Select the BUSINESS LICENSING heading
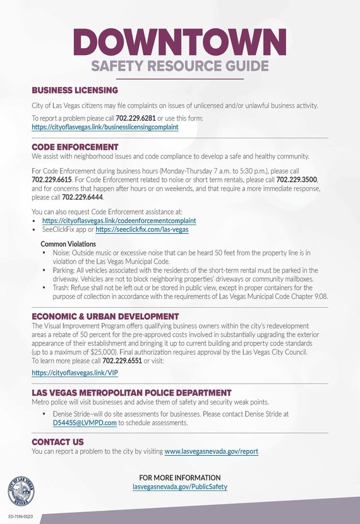coord(75,90)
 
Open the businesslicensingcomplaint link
coord(105,126)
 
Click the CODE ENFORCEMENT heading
coord(71,146)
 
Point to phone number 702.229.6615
coord(52,180)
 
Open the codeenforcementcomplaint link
coord(119,221)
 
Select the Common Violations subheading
coord(68,243)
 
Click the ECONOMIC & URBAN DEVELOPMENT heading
coord(105,316)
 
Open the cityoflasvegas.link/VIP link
coord(70,373)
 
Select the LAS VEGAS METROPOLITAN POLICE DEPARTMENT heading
coord(131,393)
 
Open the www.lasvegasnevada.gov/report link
coord(211,451)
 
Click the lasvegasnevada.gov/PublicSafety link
coord(180,487)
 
